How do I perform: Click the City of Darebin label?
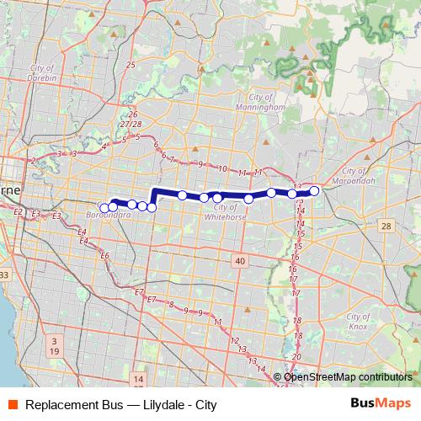(41, 72)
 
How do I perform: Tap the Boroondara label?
(107, 216)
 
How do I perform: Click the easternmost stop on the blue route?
(314, 191)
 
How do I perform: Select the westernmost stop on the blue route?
(104, 208)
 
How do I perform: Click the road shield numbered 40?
(241, 262)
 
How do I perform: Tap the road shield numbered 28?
(386, 226)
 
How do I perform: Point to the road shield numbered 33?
(4, 275)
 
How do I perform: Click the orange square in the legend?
(13, 405)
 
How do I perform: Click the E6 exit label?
(105, 255)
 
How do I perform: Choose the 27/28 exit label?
(131, 125)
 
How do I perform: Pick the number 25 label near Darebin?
(130, 65)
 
